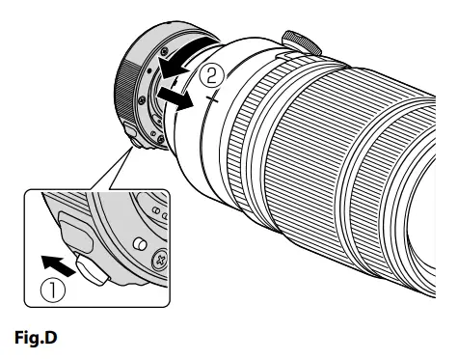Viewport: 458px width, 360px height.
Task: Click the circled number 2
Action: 218,73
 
